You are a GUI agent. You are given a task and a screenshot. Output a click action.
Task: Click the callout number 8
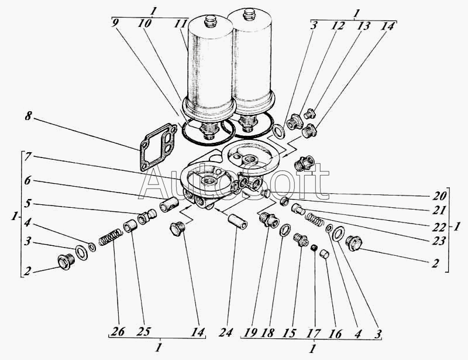point(27,116)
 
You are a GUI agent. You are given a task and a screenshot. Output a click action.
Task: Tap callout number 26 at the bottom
point(118,332)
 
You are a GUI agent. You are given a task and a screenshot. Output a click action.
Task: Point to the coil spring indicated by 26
point(110,237)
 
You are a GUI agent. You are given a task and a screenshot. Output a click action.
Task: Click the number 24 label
point(225,332)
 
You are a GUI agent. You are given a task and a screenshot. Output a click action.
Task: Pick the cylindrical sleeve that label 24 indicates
point(238,221)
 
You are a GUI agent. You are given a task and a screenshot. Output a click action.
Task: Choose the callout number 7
point(27,156)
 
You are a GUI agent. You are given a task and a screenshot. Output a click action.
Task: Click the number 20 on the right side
point(440,196)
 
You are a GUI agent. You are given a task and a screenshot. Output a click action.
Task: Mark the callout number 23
point(439,241)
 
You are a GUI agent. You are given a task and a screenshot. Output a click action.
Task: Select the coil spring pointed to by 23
point(314,220)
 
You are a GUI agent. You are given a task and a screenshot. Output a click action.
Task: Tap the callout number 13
point(364,26)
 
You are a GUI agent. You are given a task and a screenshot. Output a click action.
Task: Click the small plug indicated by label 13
point(309,114)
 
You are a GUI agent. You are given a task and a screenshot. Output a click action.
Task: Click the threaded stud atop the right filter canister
point(248,14)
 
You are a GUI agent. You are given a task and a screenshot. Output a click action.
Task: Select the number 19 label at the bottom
point(250,332)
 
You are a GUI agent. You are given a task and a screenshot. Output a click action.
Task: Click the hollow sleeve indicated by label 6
point(169,205)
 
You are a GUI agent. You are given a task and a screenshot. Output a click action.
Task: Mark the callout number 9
point(114,23)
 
